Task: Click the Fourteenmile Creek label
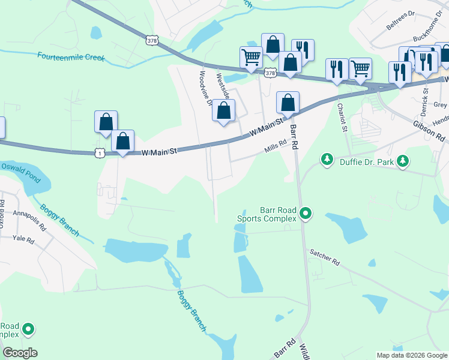click(71, 57)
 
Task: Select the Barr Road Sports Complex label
click(278, 214)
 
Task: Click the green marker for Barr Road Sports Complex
click(306, 213)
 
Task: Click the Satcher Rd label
click(325, 259)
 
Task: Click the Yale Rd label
click(25, 239)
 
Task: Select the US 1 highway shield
click(99, 154)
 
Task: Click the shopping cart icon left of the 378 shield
click(251, 57)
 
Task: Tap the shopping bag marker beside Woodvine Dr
click(223, 111)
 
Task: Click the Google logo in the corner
click(19, 353)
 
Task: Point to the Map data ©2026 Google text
click(411, 355)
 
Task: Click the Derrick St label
click(424, 103)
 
